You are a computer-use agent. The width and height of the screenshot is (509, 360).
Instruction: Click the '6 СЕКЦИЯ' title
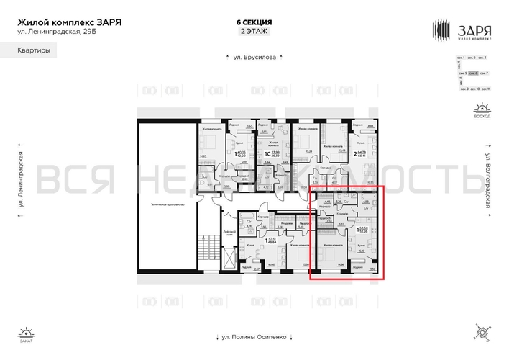click(x=249, y=22)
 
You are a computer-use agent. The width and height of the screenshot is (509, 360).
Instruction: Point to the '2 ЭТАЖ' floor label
click(x=249, y=32)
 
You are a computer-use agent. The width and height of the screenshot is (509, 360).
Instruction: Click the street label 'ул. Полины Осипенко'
click(x=249, y=337)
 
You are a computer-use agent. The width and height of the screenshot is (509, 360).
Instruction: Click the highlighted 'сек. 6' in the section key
click(x=472, y=73)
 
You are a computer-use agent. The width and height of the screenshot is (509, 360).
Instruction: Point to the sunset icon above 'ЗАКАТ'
click(x=27, y=332)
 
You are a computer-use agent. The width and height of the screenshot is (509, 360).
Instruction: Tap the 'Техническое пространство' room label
click(x=170, y=205)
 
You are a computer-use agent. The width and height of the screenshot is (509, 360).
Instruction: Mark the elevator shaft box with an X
click(x=229, y=256)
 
